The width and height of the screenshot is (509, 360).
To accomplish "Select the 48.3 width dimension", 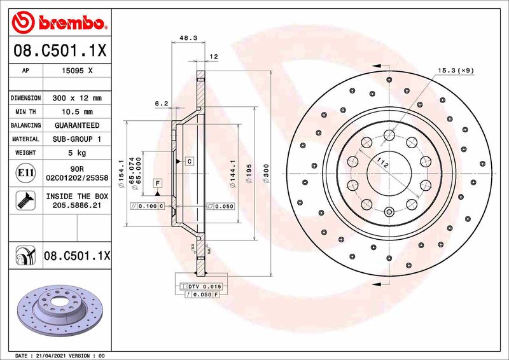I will [187, 38].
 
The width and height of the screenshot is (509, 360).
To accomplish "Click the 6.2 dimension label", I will [161, 103].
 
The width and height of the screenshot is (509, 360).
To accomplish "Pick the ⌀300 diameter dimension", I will [266, 172].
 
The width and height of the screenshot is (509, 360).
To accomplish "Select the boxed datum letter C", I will [190, 162].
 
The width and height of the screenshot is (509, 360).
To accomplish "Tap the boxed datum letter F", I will [156, 183].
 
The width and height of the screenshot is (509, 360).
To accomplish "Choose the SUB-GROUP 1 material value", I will [76, 139].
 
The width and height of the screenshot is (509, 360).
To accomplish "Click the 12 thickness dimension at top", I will [214, 57].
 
